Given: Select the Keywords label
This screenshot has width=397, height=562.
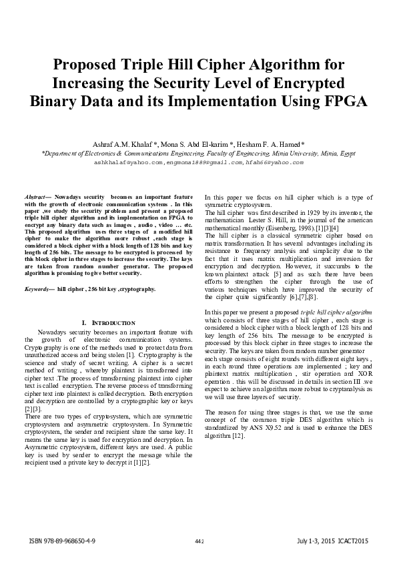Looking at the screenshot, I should (39, 289).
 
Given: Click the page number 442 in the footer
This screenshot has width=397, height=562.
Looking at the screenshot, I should (198, 541).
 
